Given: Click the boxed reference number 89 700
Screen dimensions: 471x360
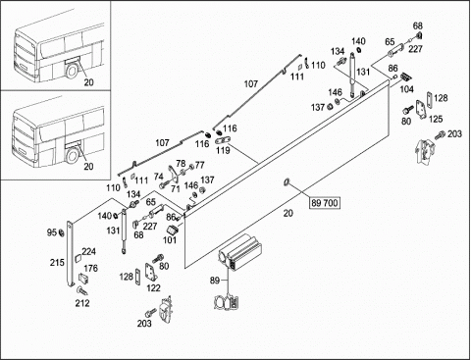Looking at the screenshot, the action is pos(325,203).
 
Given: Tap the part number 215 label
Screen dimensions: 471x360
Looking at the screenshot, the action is pos(57,262).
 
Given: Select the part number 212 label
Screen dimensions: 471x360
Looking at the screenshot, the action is pos(82,303).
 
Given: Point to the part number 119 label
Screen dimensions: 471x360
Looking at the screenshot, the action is pos(223,150).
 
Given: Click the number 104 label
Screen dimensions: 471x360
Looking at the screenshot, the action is pos(406,89).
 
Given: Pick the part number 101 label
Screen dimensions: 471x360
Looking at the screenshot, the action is pos(170,240).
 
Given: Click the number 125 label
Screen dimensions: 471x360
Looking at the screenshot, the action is pos(436,119).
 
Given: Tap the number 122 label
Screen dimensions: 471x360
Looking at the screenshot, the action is pos(153,287).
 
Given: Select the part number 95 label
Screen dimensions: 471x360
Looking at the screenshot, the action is pos(52,232).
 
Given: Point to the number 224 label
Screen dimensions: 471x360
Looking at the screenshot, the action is pos(88,251).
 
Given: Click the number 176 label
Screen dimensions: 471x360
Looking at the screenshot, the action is pos(90,268).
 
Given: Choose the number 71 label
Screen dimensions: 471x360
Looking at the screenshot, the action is pos(176,188).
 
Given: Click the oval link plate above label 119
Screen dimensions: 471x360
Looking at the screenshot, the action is pos(223,140).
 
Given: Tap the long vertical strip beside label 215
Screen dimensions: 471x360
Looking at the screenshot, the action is pos(70,254).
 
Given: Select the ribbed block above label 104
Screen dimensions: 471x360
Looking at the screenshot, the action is pos(406,77).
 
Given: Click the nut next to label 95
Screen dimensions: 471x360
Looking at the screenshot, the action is pos(61,233).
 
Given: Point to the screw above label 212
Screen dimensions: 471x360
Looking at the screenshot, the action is pos(80,290).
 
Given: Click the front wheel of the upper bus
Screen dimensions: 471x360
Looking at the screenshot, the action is pos(72,71).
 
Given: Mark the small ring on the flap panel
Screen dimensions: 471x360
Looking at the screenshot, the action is pos(287,181).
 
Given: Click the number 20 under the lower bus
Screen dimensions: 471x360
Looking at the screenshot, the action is pos(88,167).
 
